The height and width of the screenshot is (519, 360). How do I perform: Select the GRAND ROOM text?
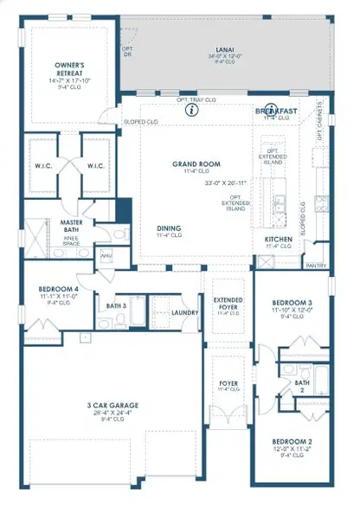pos(196,163)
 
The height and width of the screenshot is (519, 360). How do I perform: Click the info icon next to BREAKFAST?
pos(271,110)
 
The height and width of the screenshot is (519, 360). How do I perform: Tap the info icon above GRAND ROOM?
pos(191,112)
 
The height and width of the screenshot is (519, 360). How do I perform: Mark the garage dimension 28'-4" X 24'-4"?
pos(112,413)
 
